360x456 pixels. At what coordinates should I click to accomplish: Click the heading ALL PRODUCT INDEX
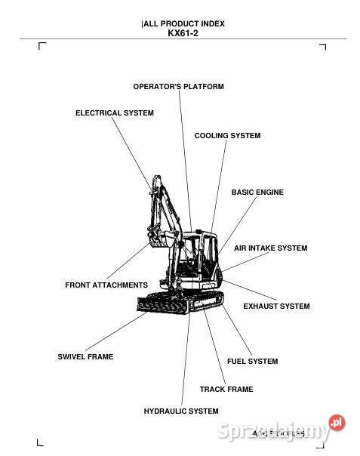(183, 23)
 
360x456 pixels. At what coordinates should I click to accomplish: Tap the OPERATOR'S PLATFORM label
(178, 87)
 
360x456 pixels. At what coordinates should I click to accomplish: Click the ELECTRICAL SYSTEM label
(114, 113)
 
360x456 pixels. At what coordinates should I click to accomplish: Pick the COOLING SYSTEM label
(227, 136)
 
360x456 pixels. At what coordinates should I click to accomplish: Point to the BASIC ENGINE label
(257, 193)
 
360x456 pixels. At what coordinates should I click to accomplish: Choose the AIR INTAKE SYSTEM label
(270, 248)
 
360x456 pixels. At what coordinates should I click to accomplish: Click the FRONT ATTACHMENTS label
(106, 285)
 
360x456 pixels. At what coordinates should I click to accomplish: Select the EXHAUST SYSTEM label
(276, 307)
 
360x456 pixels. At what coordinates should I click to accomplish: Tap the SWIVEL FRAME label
(85, 356)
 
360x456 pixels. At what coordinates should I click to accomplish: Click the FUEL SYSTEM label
(252, 362)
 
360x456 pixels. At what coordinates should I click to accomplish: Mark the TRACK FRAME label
(226, 390)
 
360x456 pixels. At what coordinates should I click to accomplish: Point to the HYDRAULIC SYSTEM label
(181, 411)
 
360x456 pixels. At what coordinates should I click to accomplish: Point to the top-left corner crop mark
(42, 47)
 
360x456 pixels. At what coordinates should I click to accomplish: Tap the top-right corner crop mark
(322, 47)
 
